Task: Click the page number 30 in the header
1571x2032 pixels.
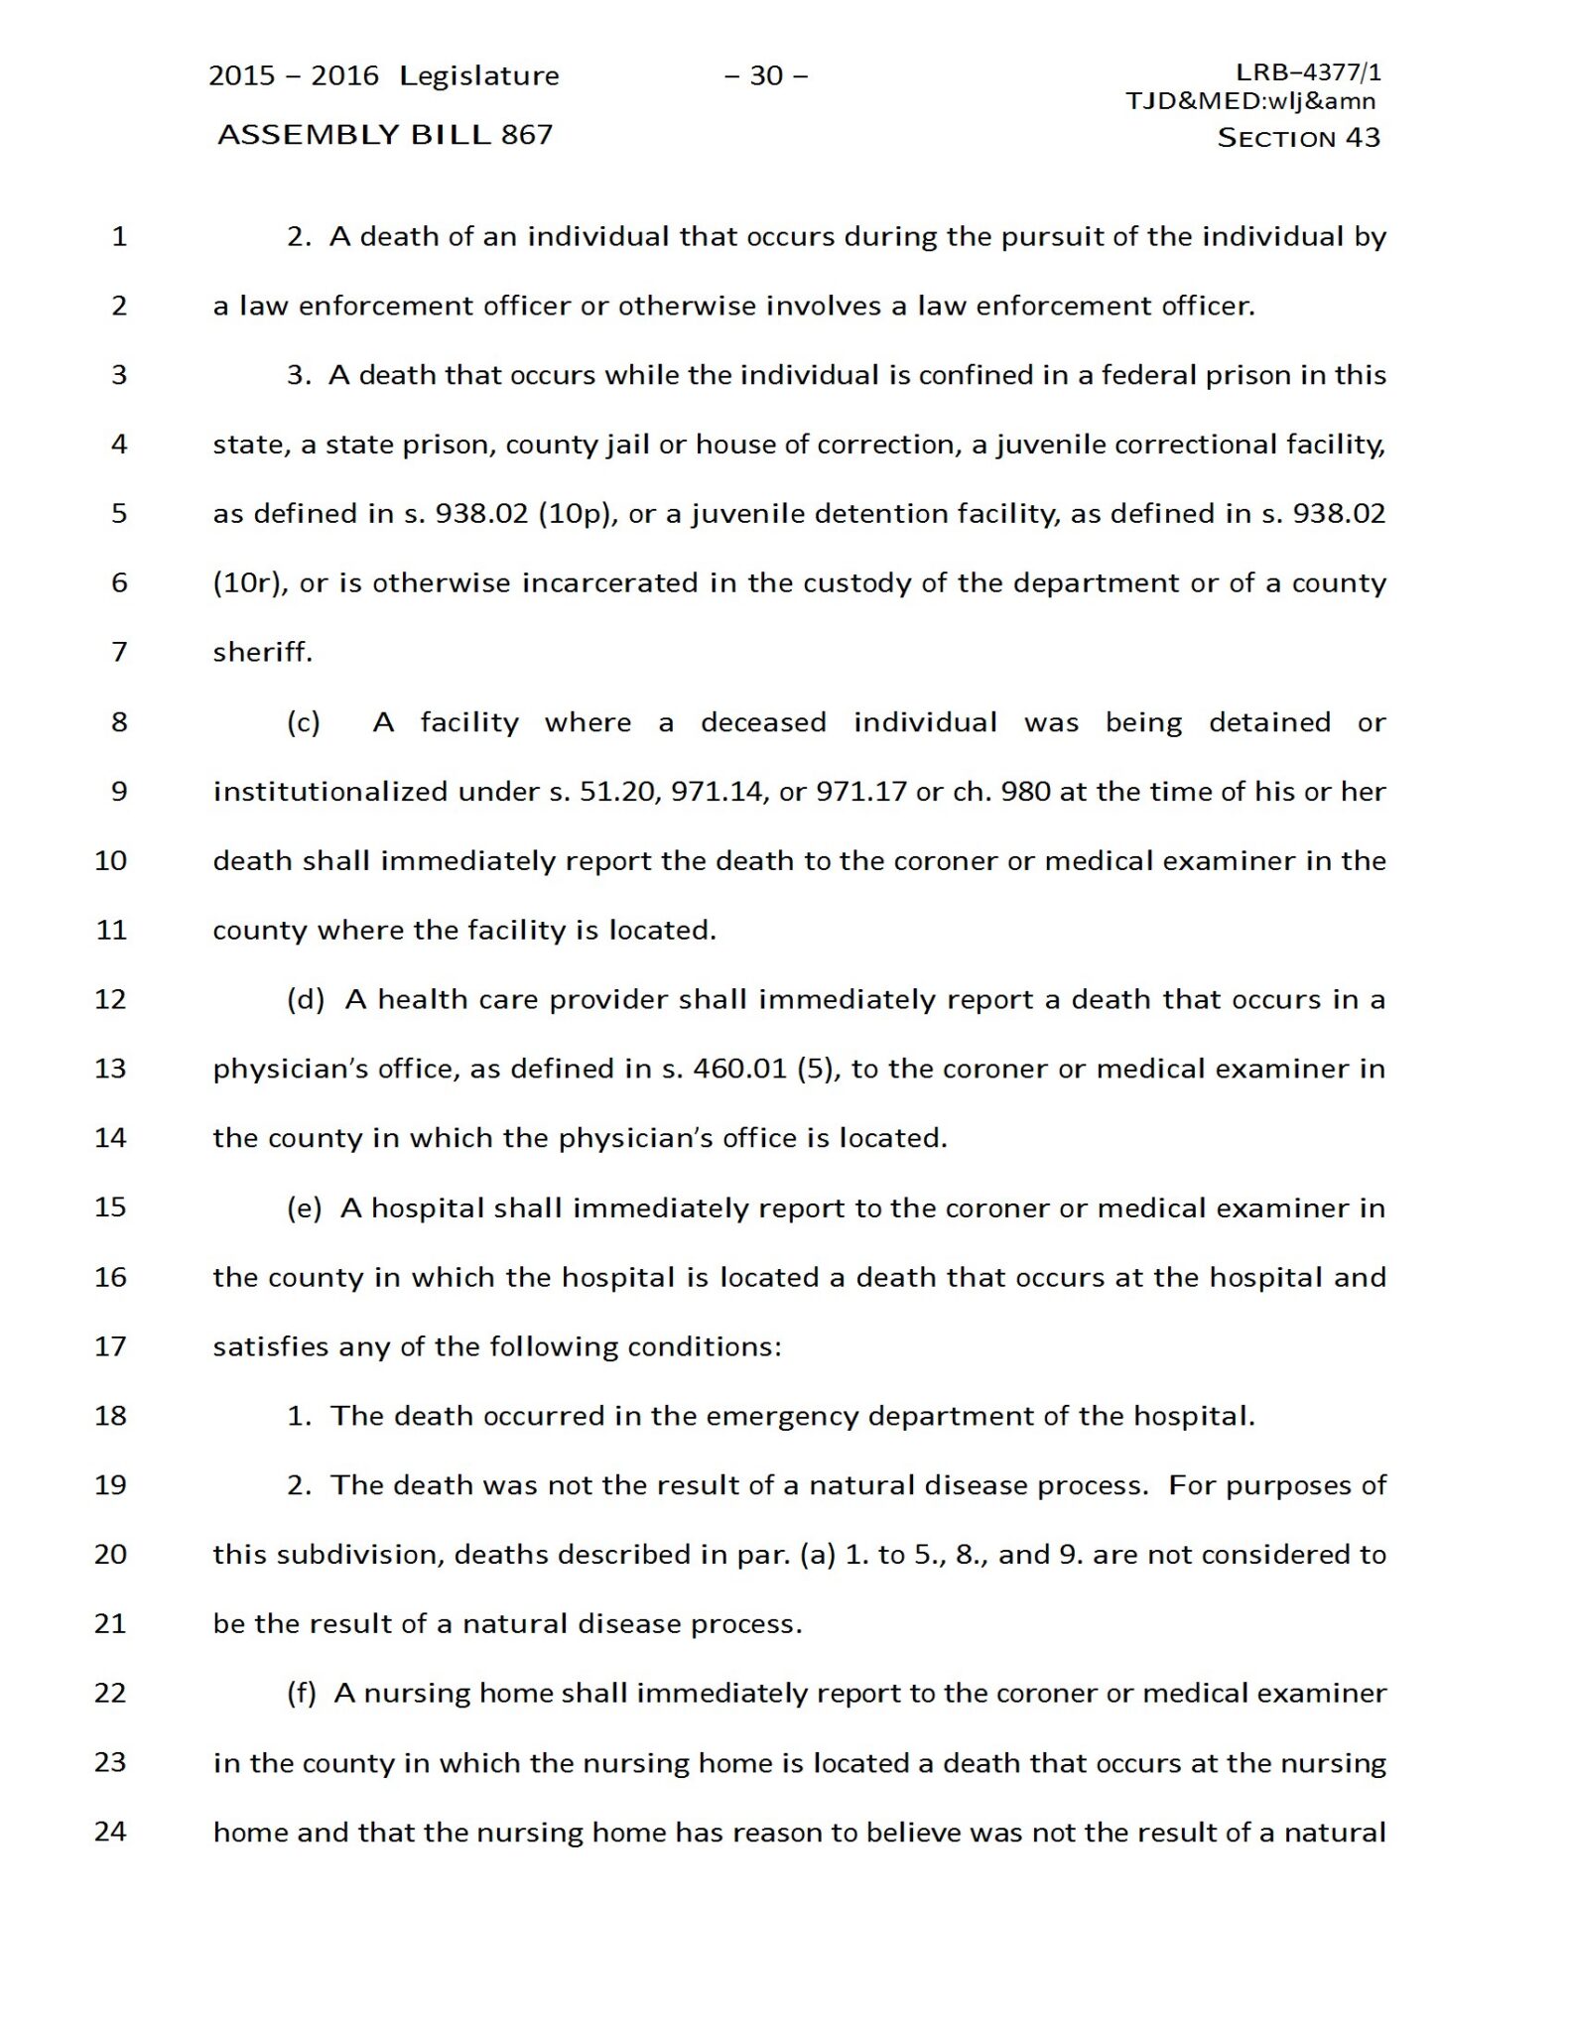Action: click(765, 75)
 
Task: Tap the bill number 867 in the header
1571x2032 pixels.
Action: click(527, 135)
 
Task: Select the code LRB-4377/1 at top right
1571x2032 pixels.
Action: click(1308, 71)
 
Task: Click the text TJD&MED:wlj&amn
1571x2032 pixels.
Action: click(1250, 100)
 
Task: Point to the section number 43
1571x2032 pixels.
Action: click(1363, 138)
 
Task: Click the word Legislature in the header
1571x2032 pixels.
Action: click(479, 76)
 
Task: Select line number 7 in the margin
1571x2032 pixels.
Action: click(119, 652)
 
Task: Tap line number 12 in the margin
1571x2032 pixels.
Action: click(111, 999)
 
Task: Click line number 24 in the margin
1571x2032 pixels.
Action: click(111, 1832)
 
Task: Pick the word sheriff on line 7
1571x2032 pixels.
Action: click(262, 652)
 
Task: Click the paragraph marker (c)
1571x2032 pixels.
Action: click(304, 722)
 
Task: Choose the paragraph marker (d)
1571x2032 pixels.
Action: click(306, 999)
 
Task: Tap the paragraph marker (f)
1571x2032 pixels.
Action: click(302, 1693)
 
